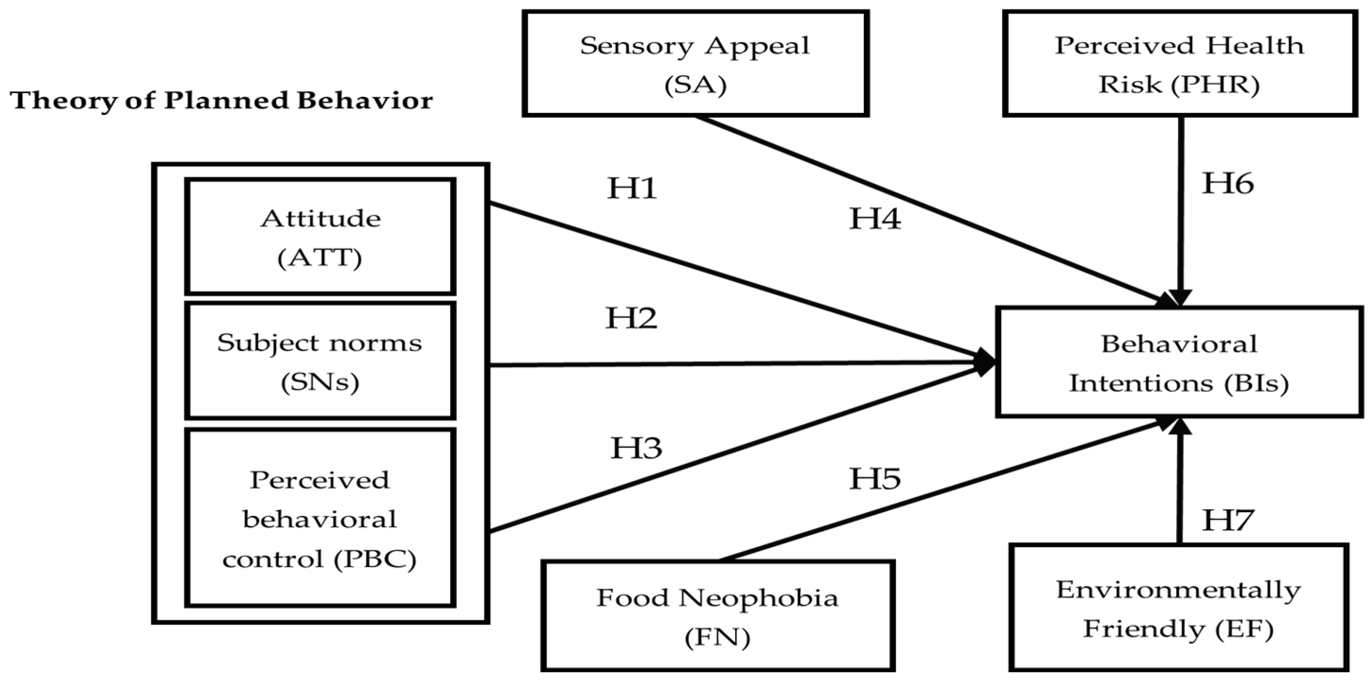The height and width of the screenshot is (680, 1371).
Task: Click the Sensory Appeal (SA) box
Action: (x=695, y=64)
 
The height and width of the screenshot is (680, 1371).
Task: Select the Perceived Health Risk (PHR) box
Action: (x=1179, y=64)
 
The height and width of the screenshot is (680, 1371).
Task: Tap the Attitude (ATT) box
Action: (x=320, y=237)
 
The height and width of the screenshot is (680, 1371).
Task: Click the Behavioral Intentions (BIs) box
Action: (x=1179, y=362)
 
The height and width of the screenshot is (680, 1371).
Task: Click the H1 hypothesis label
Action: (x=632, y=188)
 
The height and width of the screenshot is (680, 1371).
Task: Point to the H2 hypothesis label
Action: (x=631, y=318)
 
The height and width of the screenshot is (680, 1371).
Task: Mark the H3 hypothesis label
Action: (x=636, y=448)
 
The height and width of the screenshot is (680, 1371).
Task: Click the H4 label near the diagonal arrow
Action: (x=874, y=218)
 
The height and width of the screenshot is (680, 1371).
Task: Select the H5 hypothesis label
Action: (x=874, y=479)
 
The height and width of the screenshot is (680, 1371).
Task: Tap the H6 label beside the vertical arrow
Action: (x=1228, y=183)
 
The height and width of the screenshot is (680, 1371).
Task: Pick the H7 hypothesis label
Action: (x=1228, y=520)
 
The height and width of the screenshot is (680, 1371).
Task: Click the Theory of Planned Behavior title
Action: (x=221, y=101)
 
